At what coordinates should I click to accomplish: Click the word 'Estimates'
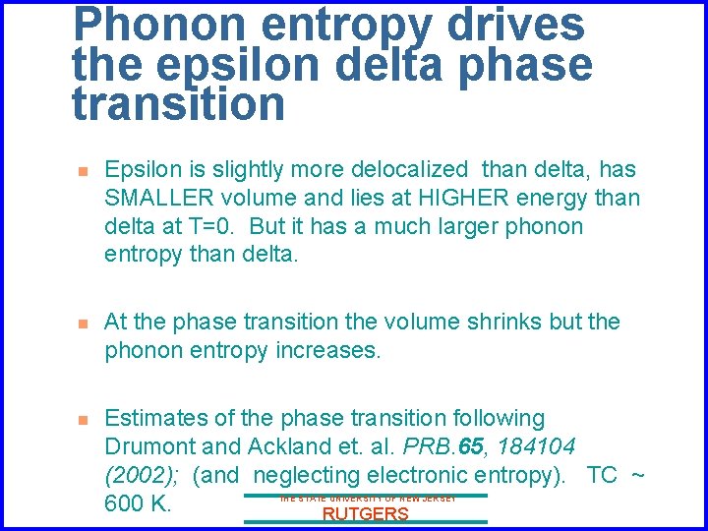tap(155, 419)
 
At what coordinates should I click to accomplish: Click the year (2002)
tap(145, 476)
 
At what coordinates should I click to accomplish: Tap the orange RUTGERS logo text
tap(365, 514)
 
